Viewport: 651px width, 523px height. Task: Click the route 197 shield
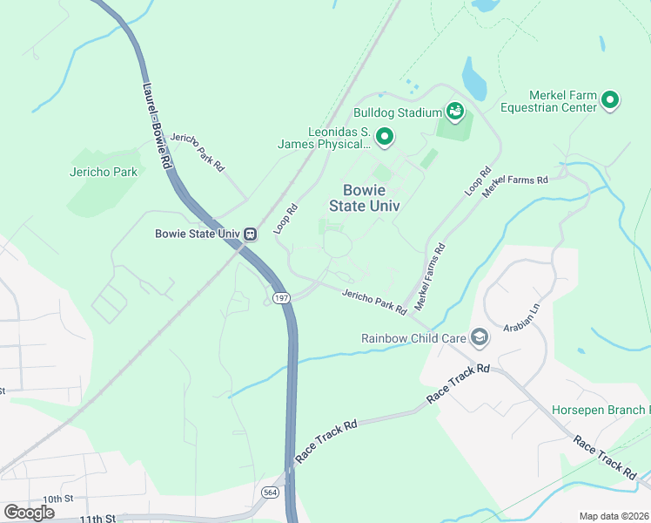coord(279,298)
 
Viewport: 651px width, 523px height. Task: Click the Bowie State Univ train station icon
coord(250,234)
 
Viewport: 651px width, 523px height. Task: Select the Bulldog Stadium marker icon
coord(453,112)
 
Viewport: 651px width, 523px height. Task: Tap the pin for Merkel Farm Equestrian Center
coord(610,101)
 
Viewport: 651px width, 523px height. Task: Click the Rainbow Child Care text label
coord(414,338)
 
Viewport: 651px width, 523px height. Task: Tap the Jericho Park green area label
coord(104,172)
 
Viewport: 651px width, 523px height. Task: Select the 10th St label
coord(57,499)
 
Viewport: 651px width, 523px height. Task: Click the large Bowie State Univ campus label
coord(364,198)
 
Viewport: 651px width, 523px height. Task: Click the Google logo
coord(29,513)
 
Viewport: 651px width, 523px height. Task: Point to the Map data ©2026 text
coord(614,516)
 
